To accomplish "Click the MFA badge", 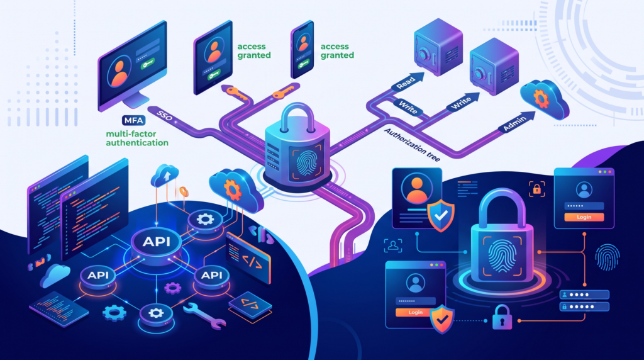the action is tap(133, 120).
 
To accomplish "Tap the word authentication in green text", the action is tap(137, 143).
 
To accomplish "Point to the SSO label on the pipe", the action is tap(165, 116).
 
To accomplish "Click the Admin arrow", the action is tap(517, 121).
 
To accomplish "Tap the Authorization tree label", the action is tap(412, 145).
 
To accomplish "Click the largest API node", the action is tap(156, 242).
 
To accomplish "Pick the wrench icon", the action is tap(204, 315).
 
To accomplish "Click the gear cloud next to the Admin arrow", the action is tap(544, 99).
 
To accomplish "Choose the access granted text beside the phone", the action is tap(337, 51).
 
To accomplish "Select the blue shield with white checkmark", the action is tap(441, 215).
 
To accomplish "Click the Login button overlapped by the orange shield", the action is tap(415, 312).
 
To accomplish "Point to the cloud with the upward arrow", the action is tap(165, 176).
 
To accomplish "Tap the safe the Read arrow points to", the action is tap(438, 47).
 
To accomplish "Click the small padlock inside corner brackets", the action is tap(537, 189).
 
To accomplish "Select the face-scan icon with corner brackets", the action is tap(393, 245).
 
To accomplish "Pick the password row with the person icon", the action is tap(584, 295).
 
